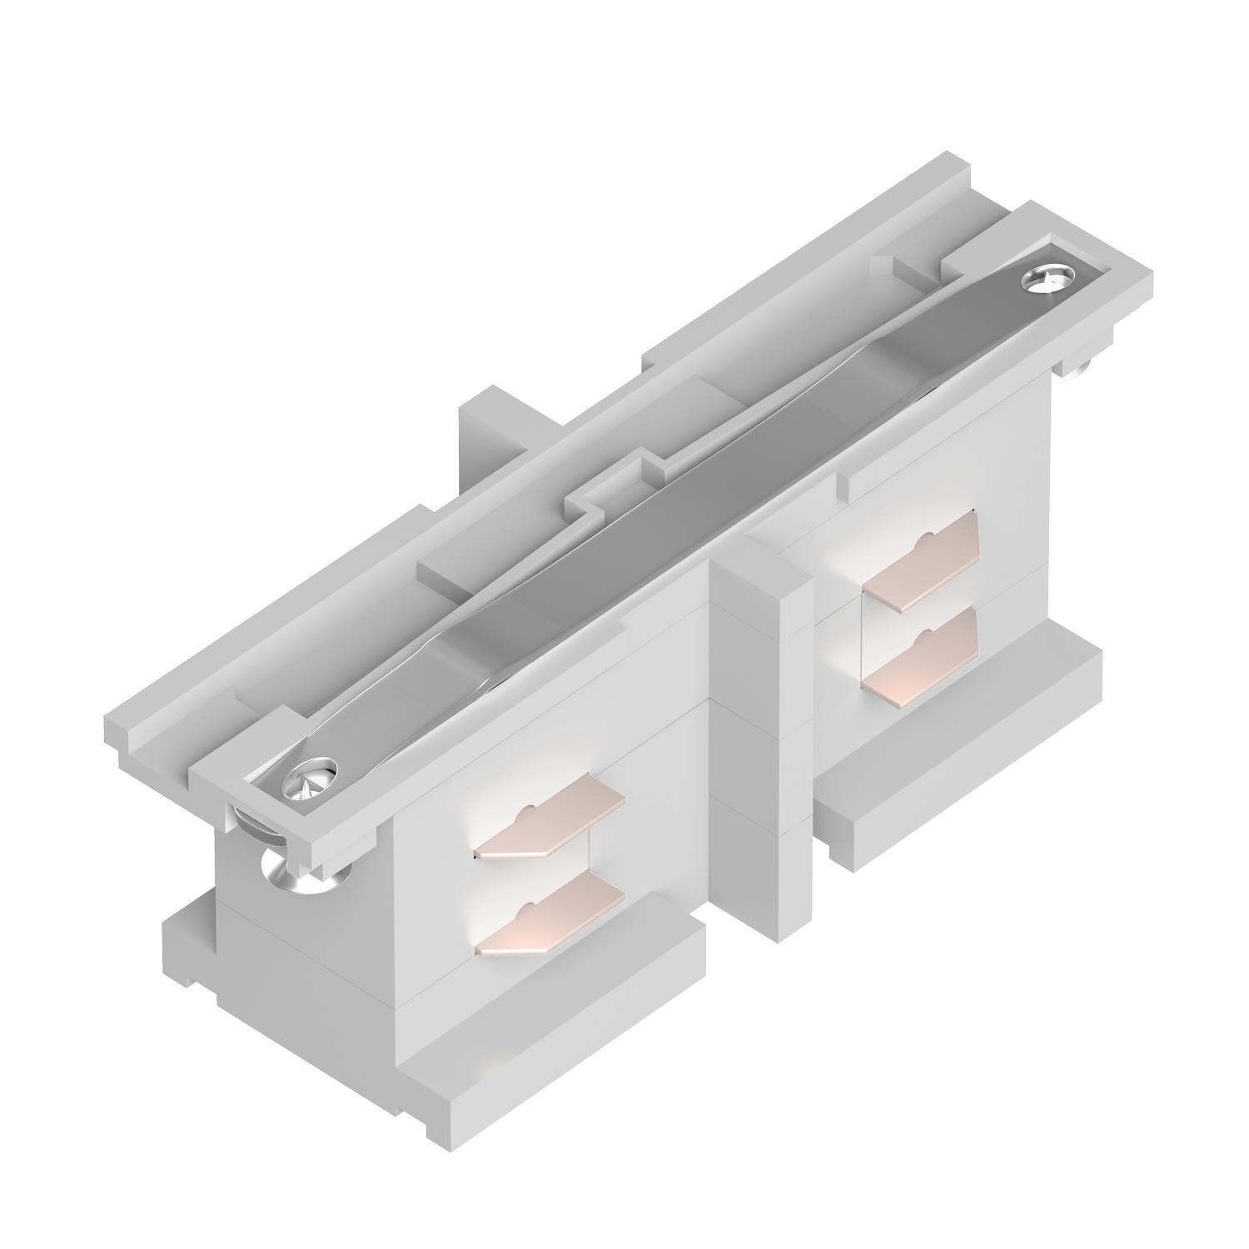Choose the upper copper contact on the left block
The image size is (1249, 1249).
tap(550, 822)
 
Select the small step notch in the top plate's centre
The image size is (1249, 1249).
tap(600, 504)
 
